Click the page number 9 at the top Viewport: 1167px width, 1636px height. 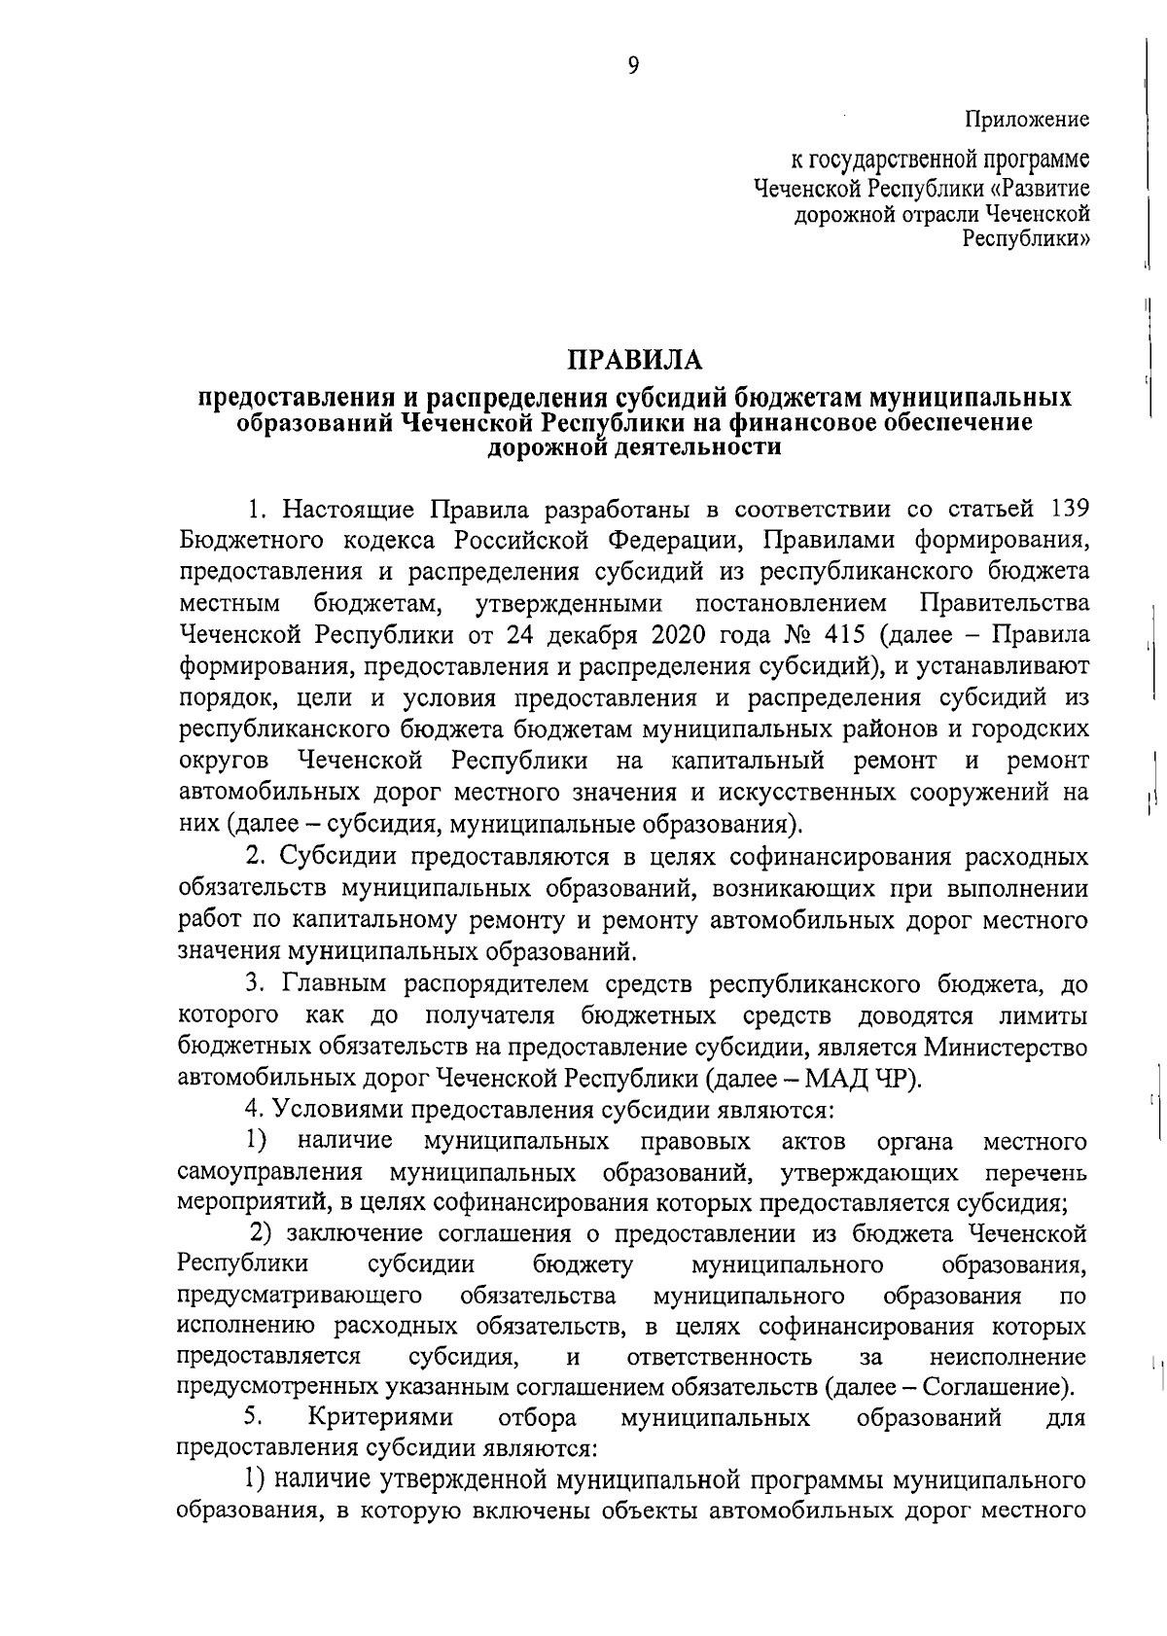point(634,65)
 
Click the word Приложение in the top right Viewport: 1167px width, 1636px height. point(1027,120)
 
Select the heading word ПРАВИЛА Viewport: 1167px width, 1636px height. point(634,360)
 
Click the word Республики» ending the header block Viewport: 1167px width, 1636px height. point(1026,237)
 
